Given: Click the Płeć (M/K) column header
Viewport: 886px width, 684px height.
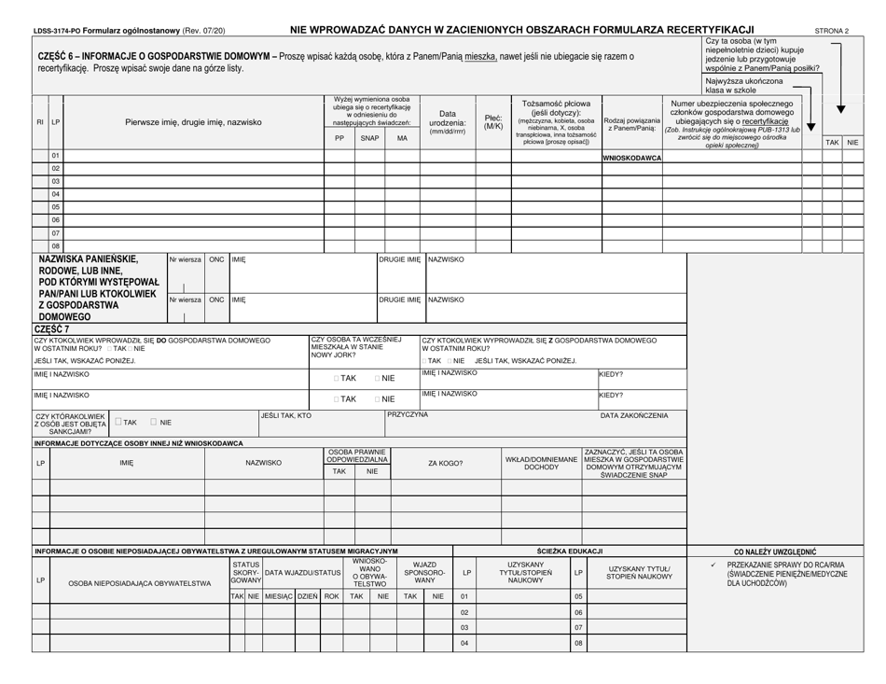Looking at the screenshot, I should tap(493, 122).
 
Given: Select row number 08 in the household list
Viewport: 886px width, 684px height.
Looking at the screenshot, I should tap(55, 245).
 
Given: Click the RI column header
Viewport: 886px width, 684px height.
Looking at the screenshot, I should tap(40, 122).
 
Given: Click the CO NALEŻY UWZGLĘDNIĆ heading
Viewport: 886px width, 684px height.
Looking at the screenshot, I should tap(775, 551).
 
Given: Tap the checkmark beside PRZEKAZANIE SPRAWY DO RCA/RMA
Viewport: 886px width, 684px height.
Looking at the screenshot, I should tap(713, 565).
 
